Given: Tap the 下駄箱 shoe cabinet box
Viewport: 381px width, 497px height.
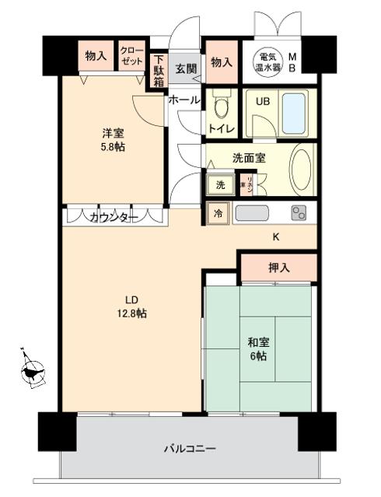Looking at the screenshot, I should click(159, 70).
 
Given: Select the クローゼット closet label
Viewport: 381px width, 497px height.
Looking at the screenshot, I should click(130, 55).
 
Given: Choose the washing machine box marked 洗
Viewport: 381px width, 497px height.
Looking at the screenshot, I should click(220, 184).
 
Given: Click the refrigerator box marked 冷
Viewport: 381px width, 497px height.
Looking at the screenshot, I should click(218, 213).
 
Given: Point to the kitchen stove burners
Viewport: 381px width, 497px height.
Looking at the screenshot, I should click(299, 212).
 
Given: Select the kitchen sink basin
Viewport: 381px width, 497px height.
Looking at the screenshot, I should click(253, 213).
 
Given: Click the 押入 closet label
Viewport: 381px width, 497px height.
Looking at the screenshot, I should click(278, 268).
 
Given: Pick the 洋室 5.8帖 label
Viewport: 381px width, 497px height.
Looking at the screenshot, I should click(106, 138).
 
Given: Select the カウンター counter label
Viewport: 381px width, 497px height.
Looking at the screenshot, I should click(111, 217).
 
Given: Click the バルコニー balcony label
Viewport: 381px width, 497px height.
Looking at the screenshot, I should click(189, 448).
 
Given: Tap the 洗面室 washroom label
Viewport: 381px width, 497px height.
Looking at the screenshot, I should click(249, 157).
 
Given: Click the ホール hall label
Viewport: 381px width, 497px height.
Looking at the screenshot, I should click(184, 100).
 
